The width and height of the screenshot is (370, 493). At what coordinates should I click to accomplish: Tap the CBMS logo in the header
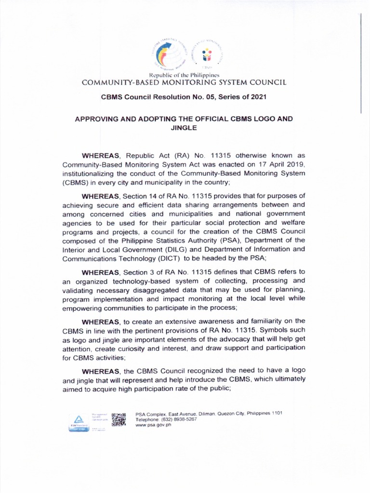(206, 54)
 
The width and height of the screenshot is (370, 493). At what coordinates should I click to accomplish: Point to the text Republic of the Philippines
(185, 76)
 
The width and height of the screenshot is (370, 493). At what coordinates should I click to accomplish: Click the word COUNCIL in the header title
(268, 82)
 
